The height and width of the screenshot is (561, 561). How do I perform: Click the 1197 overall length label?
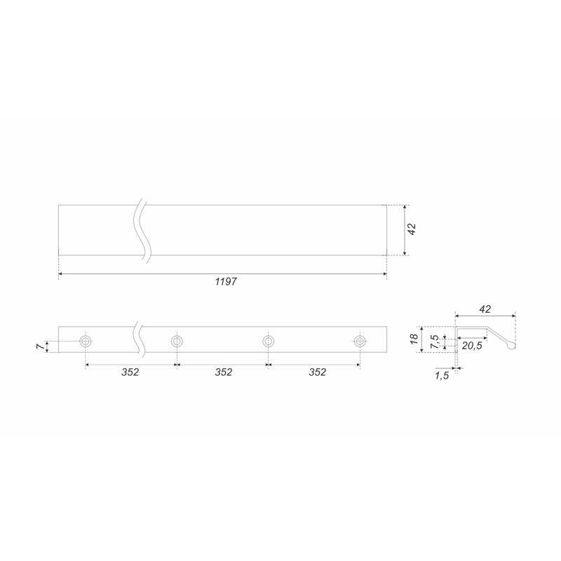point(226,282)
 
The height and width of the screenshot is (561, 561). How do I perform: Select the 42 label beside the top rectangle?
point(412,229)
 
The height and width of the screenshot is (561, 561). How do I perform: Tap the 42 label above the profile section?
point(485,309)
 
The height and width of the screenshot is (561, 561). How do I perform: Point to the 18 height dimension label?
point(414,339)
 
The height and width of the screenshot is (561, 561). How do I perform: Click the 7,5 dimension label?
point(435,342)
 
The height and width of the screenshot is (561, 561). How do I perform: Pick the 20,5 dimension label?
point(472,346)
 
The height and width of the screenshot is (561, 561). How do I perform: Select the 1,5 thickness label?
point(442,376)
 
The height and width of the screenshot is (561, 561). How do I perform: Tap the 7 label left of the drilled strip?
point(41,346)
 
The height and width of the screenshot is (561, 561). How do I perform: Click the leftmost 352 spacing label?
point(130,372)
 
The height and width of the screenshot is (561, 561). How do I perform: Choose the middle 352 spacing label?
point(223,372)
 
